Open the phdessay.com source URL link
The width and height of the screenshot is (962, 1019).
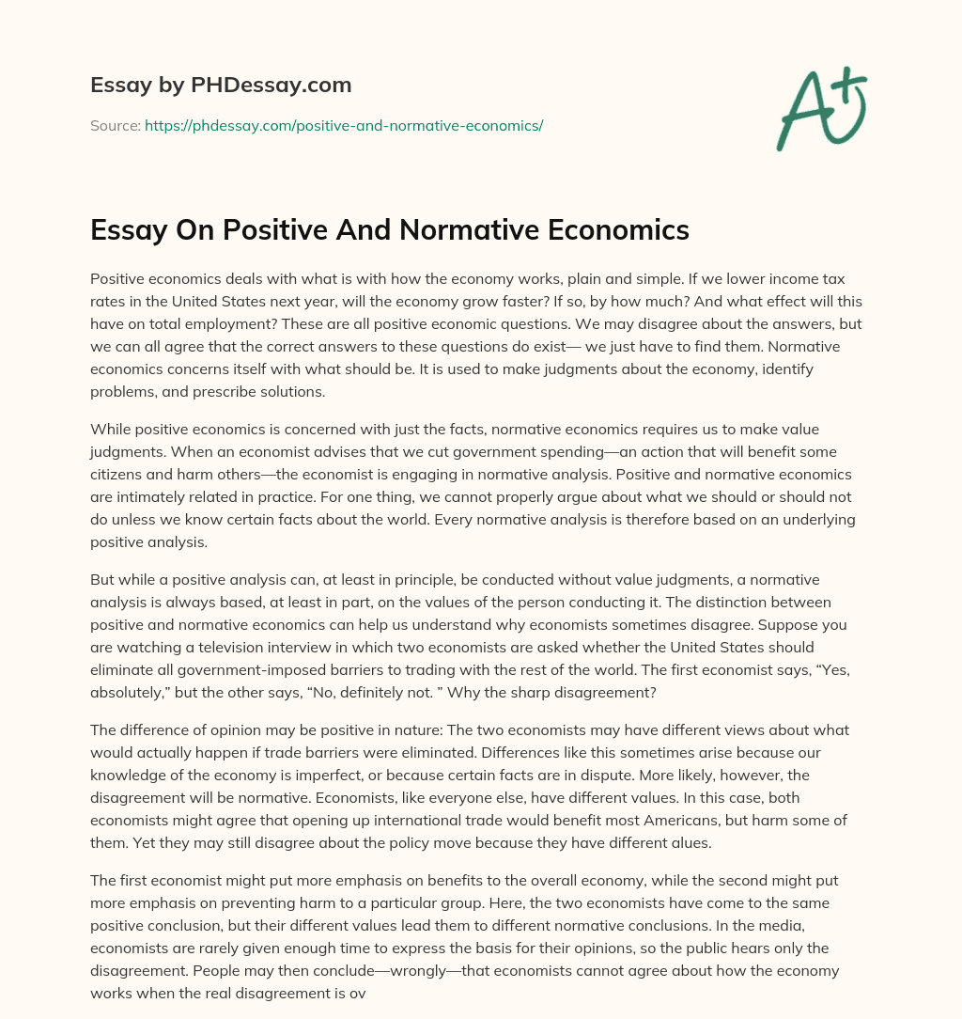[x=344, y=125]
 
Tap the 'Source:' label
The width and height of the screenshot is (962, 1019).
[x=115, y=125]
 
